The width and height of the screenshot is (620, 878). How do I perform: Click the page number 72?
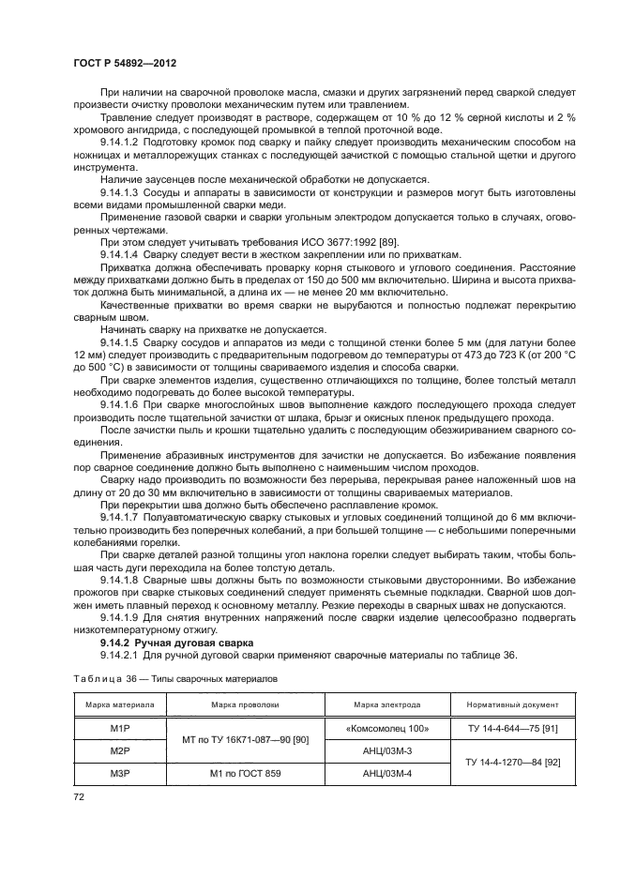74,795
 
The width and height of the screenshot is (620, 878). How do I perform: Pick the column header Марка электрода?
386,704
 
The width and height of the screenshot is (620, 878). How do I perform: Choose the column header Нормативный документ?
506,704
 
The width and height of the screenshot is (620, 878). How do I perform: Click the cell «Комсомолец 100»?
386,727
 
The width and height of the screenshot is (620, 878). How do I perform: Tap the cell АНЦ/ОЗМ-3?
386,749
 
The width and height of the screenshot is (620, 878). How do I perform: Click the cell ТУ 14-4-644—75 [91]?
506,727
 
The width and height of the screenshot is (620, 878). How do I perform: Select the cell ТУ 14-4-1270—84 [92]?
506,761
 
